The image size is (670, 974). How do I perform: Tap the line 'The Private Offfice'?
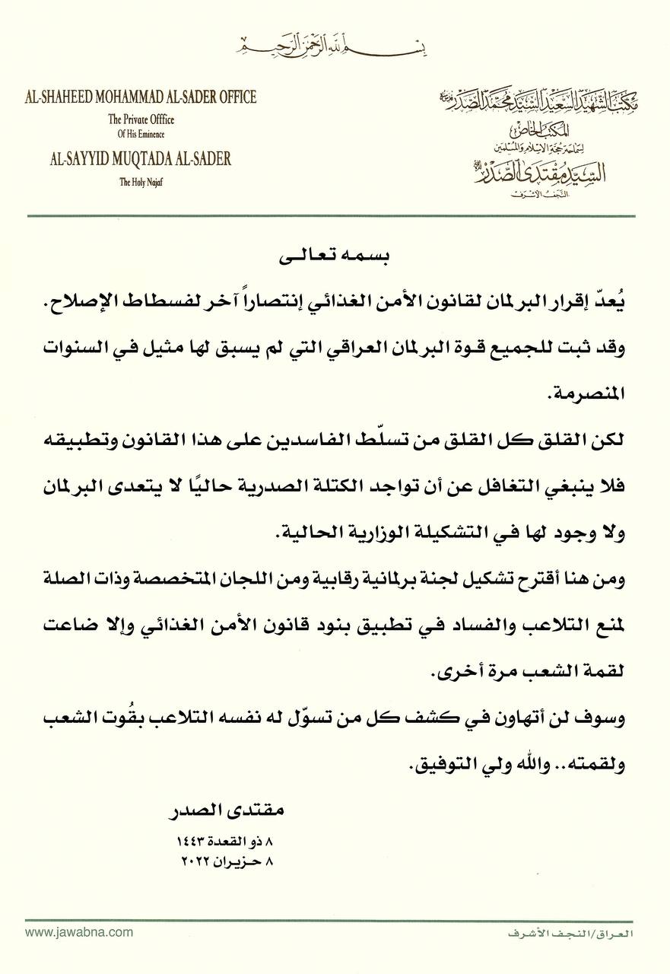click(141, 119)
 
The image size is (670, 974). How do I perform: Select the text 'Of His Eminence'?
click(141, 135)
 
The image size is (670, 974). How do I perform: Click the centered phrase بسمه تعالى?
click(335, 258)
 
